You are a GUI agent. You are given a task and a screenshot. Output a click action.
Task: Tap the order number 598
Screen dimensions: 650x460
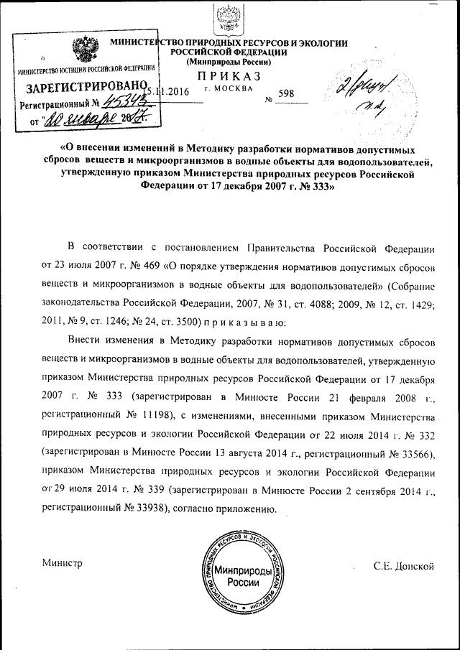pyautogui.click(x=285, y=93)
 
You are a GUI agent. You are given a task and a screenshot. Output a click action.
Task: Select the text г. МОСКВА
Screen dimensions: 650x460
pyautogui.click(x=229, y=89)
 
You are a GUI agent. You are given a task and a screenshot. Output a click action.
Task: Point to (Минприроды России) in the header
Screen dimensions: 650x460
pyautogui.click(x=229, y=63)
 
